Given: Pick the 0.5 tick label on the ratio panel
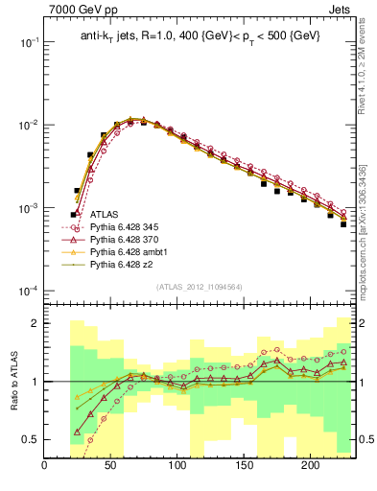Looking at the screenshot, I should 30,439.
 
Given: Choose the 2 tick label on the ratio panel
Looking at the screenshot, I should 35,323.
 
